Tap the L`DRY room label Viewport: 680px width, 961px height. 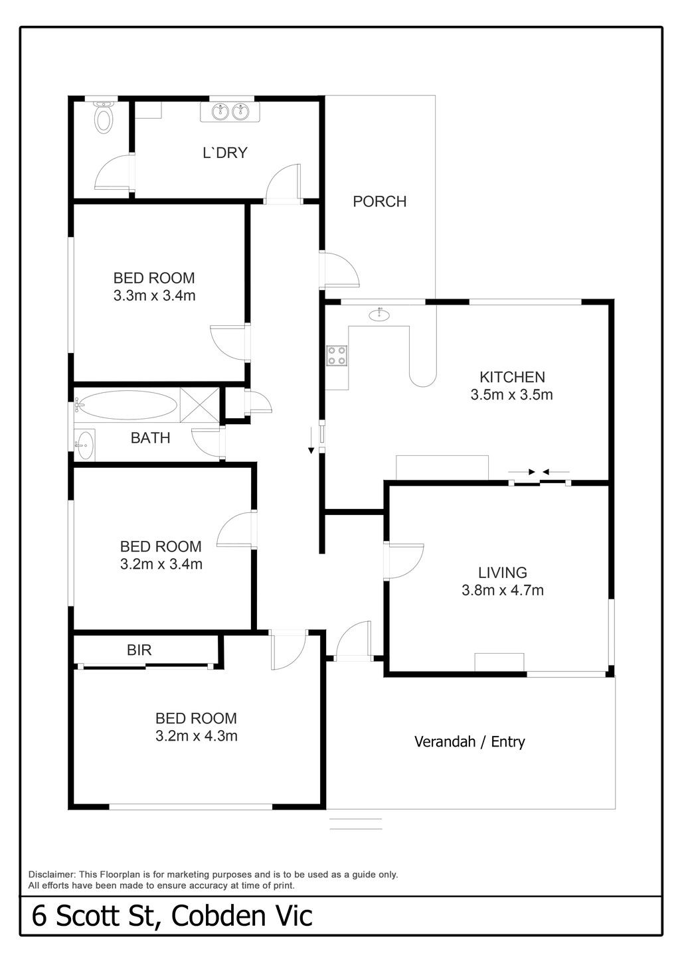225,153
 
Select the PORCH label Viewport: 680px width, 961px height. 379,202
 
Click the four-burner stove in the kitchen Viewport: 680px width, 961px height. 337,356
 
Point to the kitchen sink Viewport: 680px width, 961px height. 379,315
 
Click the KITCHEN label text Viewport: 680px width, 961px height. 512,377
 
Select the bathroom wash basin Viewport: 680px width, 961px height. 84,445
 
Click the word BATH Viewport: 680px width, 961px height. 150,438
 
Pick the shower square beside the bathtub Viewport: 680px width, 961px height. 199,405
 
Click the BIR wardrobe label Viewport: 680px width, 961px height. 139,650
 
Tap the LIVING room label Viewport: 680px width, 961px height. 502,573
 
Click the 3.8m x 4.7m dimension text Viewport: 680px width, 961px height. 502,590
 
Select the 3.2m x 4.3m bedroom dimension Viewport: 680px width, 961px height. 196,736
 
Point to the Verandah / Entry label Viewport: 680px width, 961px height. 469,742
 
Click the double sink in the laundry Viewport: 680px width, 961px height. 230,111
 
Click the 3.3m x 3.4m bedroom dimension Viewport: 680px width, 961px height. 155,295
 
